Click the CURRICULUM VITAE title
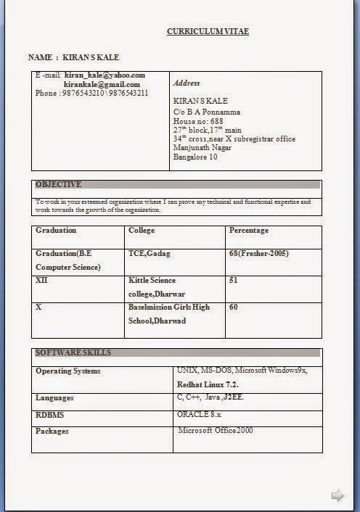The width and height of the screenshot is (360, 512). (208, 31)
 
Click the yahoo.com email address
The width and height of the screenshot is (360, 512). (105, 75)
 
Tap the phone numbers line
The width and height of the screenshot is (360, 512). (91, 93)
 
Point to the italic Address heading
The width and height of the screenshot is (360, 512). (187, 83)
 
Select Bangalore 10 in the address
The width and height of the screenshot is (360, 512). (195, 157)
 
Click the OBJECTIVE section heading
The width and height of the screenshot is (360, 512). (58, 184)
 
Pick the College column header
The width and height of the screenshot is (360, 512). (142, 231)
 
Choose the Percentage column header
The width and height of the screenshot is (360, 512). (249, 231)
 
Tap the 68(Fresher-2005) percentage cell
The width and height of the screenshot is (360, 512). (258, 254)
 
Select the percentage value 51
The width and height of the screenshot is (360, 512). (234, 280)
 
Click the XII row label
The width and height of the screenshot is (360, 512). (41, 280)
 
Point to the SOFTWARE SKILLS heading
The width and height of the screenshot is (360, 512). (73, 352)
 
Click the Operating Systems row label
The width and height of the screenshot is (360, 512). (68, 371)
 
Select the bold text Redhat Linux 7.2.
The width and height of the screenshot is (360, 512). (208, 384)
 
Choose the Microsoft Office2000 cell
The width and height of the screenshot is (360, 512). (216, 431)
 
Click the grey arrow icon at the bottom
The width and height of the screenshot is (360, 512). (337, 496)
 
